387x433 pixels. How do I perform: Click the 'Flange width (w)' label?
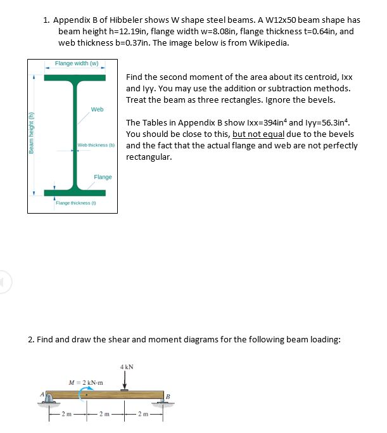pyautogui.click(x=76, y=63)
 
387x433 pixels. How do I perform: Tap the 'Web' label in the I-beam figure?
pyautogui.click(x=97, y=110)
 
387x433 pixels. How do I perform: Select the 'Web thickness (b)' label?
pyautogui.click(x=96, y=146)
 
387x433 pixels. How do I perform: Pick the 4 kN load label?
pyautogui.click(x=125, y=366)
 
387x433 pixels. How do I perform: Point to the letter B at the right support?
pyautogui.click(x=167, y=397)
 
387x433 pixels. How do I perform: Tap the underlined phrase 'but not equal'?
pyautogui.click(x=258, y=134)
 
